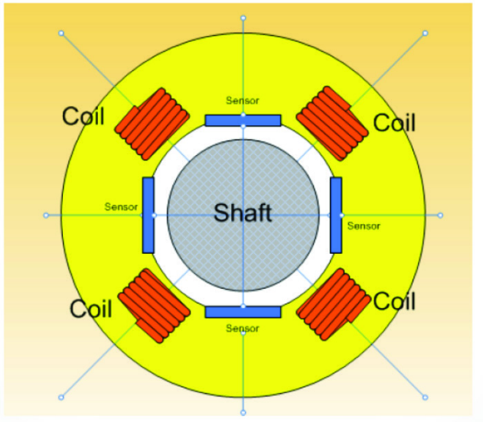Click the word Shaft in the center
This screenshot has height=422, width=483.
(243, 213)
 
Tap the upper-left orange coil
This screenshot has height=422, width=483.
(152, 124)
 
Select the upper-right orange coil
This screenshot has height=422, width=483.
(332, 123)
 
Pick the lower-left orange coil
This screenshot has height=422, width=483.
(154, 306)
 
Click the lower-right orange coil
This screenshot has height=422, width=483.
(333, 304)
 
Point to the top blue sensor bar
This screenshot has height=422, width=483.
(243, 121)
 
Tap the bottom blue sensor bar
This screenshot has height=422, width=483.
(243, 312)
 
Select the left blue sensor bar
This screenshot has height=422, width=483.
(148, 216)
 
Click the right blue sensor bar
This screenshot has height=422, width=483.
(336, 216)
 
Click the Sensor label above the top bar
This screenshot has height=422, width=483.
(243, 101)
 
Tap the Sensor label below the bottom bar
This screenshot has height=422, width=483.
(243, 329)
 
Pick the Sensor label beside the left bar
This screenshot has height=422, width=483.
(121, 206)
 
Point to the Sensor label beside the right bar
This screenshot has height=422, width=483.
(364, 226)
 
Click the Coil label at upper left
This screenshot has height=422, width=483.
(83, 116)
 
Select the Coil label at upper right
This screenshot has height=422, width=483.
(394, 122)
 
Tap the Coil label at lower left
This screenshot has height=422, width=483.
(91, 309)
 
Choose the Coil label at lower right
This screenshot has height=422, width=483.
(394, 300)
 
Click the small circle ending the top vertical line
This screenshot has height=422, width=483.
(243, 18)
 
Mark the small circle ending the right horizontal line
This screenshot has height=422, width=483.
(440, 216)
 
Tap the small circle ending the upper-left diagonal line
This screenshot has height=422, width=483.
(61, 33)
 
